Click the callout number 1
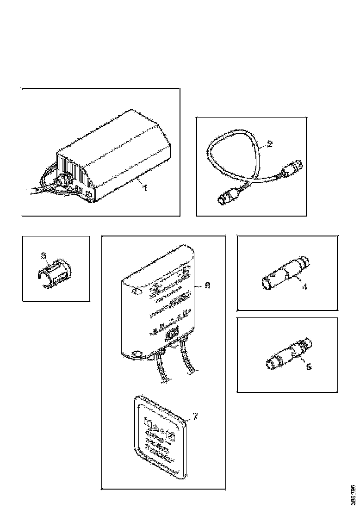145,188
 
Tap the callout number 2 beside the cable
270,143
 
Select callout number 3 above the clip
43,255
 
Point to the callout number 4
304,286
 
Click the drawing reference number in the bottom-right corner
354,493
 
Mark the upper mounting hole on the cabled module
137,292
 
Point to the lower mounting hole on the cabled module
137,355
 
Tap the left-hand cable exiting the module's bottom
162,370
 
